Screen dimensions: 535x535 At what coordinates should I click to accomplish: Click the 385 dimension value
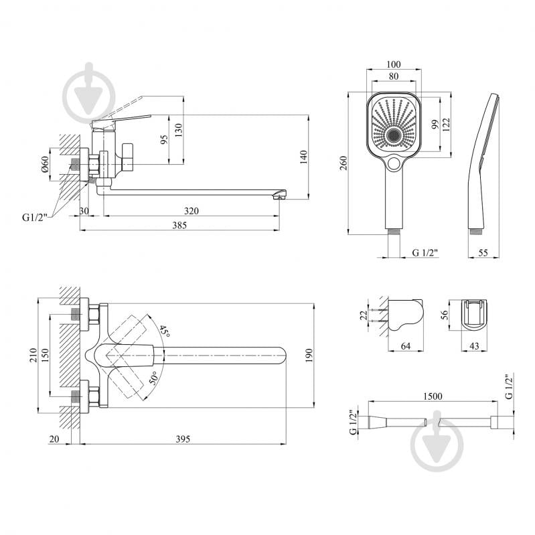[x=179, y=225]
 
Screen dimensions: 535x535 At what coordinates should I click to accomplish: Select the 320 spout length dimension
[x=192, y=211]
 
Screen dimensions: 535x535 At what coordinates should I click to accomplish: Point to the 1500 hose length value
[x=433, y=396]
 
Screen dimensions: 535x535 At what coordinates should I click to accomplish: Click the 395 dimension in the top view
[x=183, y=439]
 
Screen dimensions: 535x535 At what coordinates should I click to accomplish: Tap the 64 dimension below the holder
[x=406, y=346]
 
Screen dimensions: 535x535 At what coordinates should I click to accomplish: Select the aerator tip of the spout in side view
[x=282, y=195]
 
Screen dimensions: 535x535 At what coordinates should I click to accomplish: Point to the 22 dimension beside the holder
[x=362, y=314]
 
